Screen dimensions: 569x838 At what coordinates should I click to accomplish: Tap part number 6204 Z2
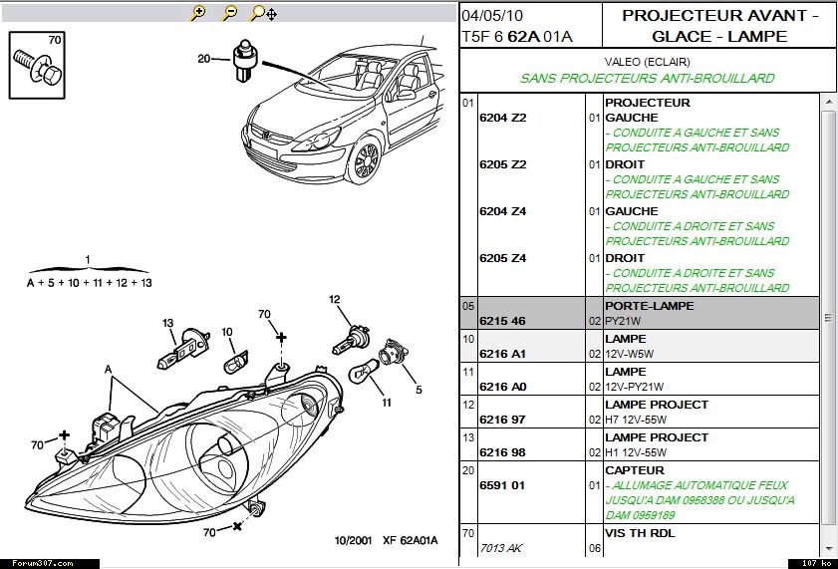(502, 118)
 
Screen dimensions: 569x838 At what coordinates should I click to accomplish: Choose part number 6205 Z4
(502, 258)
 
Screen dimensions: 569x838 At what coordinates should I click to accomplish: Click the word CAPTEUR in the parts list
(634, 470)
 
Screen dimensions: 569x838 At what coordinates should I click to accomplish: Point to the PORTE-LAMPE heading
(649, 306)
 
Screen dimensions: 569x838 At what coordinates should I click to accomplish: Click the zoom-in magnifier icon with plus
(197, 13)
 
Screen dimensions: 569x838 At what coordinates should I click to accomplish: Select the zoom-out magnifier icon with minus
(229, 13)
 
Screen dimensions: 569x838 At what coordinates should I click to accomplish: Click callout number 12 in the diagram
(335, 299)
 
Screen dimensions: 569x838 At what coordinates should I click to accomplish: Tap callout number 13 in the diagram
(168, 323)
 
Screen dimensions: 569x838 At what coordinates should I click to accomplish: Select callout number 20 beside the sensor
(203, 59)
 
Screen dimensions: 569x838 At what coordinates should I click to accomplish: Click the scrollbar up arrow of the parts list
(827, 103)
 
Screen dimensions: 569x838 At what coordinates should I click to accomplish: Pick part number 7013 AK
(502, 548)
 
